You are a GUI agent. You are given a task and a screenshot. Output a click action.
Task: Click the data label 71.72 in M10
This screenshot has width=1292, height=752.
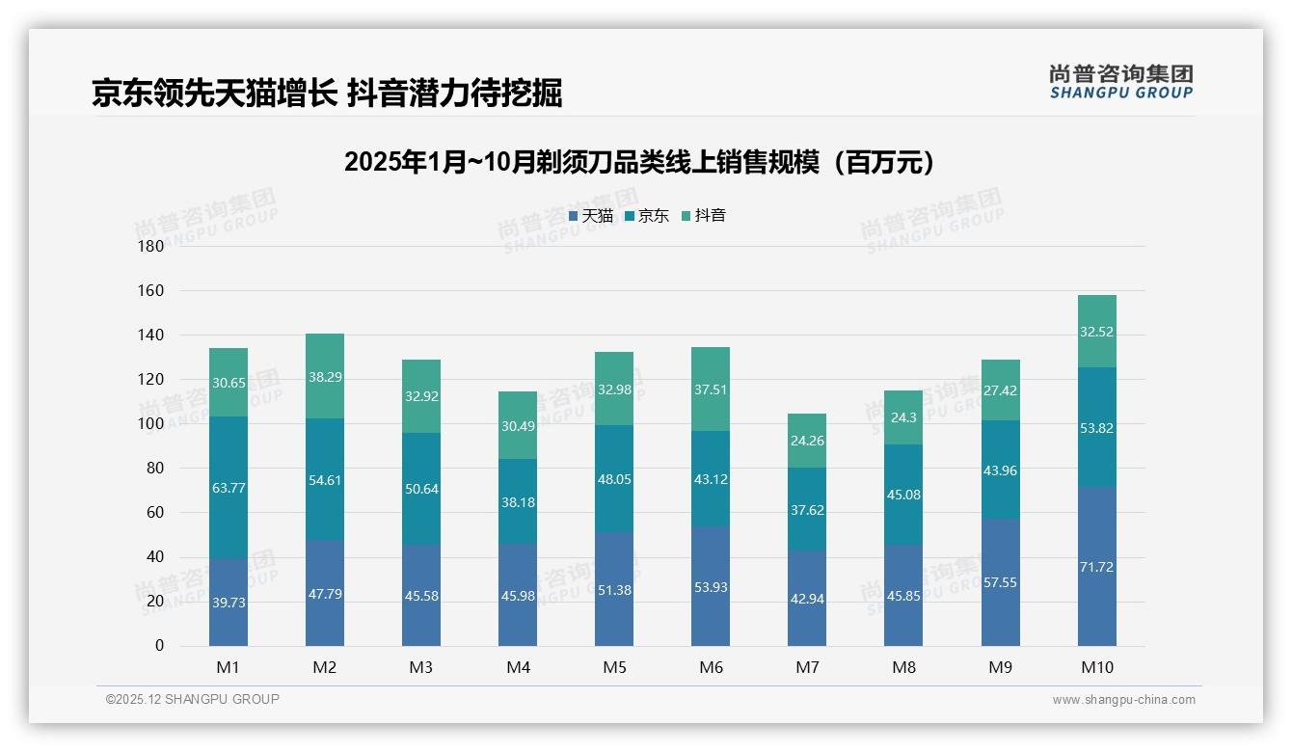coord(1096,567)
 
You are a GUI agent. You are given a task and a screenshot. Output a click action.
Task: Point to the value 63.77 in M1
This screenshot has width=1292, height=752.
coord(229,488)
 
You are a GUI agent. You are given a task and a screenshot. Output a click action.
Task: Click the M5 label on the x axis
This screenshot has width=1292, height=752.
coord(614,667)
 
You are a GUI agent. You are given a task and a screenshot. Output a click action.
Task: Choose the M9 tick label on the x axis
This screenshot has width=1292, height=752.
coord(1000,667)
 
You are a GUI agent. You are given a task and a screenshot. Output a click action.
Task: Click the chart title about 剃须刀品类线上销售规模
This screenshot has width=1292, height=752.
coord(640,161)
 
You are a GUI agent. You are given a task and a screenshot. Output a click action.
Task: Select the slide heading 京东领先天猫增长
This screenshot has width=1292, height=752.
coord(327,93)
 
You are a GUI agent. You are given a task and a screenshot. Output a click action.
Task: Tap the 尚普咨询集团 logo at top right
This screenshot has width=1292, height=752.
coord(1120,81)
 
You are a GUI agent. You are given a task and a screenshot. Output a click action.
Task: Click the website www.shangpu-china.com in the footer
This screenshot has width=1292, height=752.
coord(1123,699)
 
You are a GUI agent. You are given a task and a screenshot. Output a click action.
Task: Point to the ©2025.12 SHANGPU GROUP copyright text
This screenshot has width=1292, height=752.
coord(193,699)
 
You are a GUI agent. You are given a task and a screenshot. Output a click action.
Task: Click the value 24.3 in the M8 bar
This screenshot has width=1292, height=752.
coord(903,418)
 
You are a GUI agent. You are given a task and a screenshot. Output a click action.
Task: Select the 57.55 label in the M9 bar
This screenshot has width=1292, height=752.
coord(1000,582)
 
